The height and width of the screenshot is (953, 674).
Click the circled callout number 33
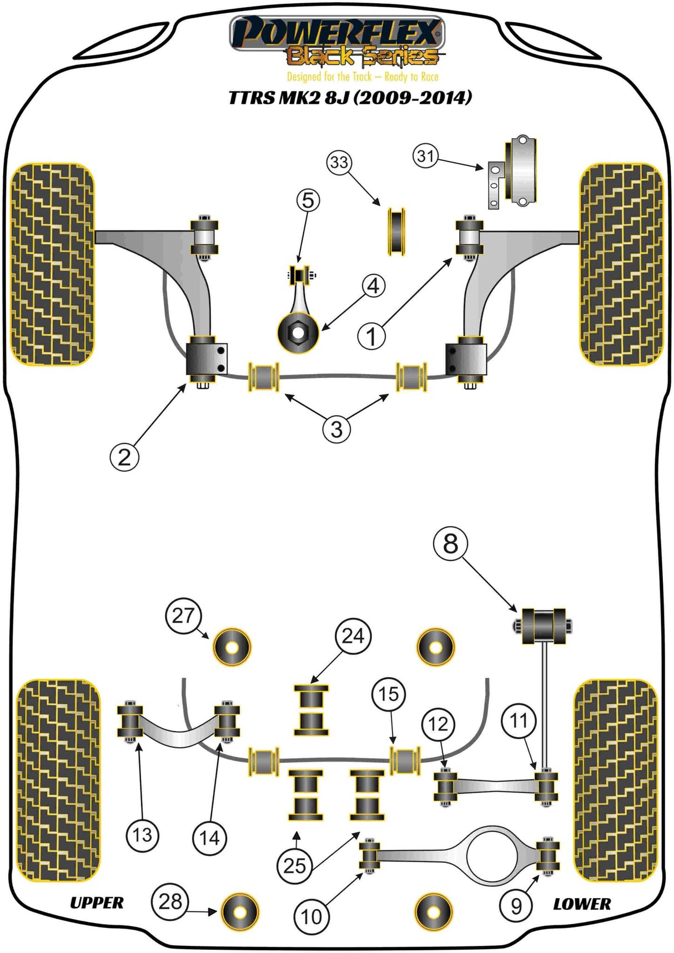[x=339, y=163]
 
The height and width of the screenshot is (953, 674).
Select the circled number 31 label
[x=426, y=156]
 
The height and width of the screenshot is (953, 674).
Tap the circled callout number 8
[x=450, y=543]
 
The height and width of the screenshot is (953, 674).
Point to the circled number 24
[x=353, y=636]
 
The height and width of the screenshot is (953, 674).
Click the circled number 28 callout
[x=170, y=901]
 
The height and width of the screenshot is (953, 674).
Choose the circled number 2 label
[x=124, y=457]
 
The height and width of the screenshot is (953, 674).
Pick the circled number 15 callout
[x=389, y=694]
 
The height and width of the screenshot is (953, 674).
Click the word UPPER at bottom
[x=97, y=903]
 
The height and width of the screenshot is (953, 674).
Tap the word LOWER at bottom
[x=582, y=904]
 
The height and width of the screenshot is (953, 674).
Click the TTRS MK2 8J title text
[x=350, y=98]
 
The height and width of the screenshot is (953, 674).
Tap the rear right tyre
[x=615, y=780]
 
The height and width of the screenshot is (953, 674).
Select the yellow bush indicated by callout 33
[x=396, y=231]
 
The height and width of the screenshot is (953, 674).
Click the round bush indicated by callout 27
[x=232, y=647]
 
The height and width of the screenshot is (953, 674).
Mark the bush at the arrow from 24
[x=311, y=710]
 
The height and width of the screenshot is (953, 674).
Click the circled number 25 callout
[x=295, y=865]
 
